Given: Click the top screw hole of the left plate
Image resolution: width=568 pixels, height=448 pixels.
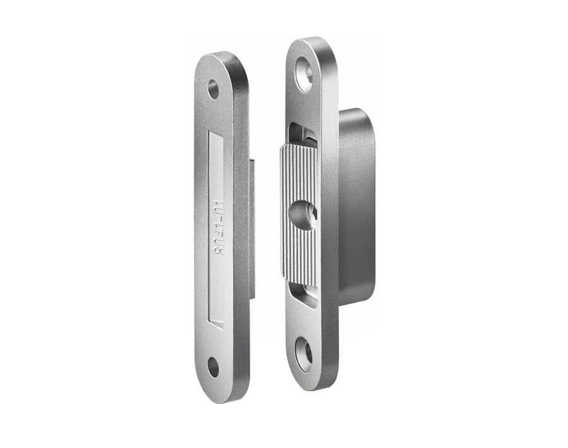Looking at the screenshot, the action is [x=214, y=90].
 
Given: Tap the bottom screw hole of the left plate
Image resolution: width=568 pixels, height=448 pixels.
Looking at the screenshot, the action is [x=214, y=367].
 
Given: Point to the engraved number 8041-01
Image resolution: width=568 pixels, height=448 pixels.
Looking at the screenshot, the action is [x=219, y=228].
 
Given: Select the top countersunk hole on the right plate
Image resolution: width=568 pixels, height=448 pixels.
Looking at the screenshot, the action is [x=305, y=74].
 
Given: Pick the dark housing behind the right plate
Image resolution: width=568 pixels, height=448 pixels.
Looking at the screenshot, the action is [x=356, y=207].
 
